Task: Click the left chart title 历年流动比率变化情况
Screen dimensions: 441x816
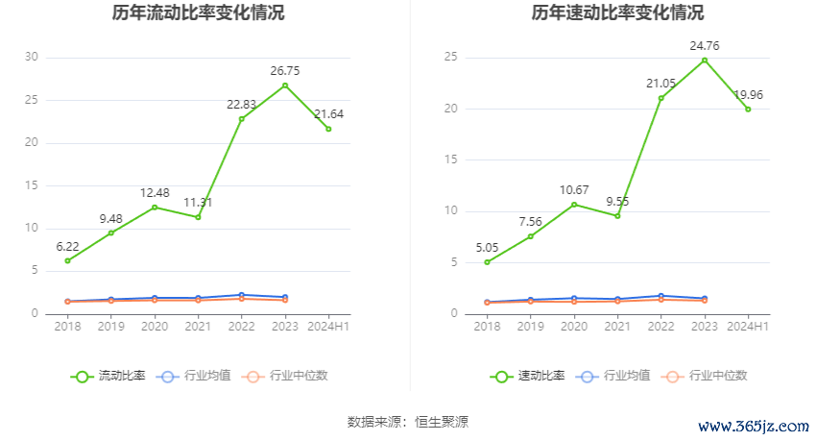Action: [x=198, y=13]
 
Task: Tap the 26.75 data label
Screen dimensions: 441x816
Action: [x=284, y=70]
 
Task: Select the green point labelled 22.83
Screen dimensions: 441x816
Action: [x=241, y=118]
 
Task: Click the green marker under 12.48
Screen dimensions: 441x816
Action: [x=155, y=207]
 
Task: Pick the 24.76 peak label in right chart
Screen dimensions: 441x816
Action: [x=704, y=44]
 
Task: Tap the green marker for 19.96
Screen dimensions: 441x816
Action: [x=748, y=109]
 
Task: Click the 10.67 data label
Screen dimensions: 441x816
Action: [x=574, y=189]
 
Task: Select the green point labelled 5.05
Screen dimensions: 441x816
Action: [x=487, y=262]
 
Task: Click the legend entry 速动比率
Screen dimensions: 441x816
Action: [x=527, y=376]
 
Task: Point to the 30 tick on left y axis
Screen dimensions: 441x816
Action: [x=31, y=57]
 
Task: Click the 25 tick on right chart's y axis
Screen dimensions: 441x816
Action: [x=449, y=57]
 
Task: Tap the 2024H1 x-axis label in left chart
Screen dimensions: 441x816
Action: [x=328, y=327]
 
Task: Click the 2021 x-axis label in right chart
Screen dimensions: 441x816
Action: [x=617, y=327]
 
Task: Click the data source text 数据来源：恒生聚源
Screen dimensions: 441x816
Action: [x=407, y=421]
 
